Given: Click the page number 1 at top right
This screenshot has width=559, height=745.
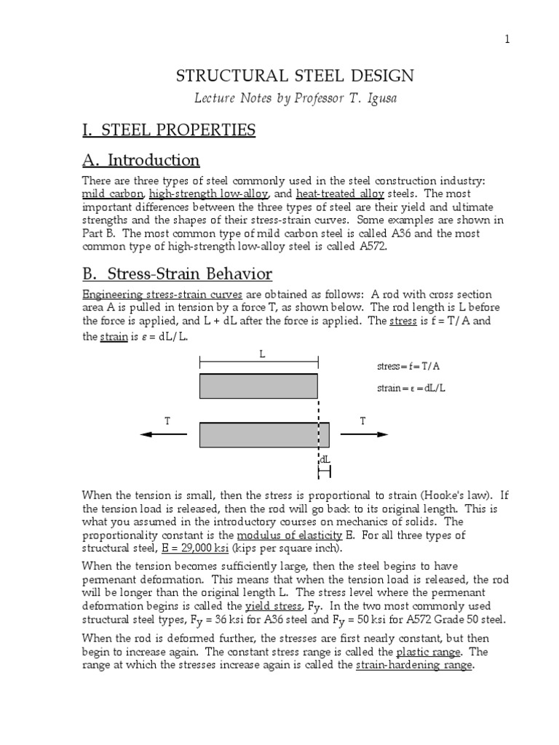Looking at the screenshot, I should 507,39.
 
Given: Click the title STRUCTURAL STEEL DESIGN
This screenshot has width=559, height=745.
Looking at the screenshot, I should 296,76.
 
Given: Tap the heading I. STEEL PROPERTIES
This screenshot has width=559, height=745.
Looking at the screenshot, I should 168,130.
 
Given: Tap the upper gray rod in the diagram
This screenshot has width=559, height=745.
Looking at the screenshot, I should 258,386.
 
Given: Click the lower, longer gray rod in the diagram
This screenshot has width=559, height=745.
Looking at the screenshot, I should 264,434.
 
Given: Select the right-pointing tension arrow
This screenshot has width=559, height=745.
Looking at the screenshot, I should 364,434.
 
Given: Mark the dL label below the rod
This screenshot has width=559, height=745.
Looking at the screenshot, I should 325,461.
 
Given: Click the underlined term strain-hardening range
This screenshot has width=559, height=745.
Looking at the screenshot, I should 414,665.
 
